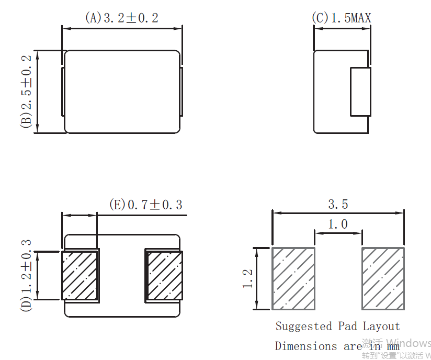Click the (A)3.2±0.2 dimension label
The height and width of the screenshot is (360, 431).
[121, 18]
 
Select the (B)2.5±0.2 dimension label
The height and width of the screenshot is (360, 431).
[26, 92]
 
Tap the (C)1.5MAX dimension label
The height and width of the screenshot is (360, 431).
[342, 18]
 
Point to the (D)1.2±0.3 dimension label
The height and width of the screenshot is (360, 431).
[26, 275]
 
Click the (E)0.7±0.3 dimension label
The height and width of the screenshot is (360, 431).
[146, 205]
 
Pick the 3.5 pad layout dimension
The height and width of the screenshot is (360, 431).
[338, 205]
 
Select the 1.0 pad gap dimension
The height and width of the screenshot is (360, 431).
[338, 224]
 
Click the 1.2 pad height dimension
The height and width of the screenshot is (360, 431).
[247, 278]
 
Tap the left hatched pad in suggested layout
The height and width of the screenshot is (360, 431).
[293, 278]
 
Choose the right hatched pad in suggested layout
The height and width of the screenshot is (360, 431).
[383, 278]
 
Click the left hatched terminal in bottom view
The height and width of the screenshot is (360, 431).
[80, 275]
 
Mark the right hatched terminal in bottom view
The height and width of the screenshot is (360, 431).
[165, 275]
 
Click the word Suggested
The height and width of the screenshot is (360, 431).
[304, 327]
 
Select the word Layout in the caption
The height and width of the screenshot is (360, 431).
[381, 326]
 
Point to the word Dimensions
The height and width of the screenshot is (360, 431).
[305, 346]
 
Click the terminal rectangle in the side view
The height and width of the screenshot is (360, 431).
[360, 92]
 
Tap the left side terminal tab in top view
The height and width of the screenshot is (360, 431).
[63, 92]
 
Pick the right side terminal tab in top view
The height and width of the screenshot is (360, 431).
[182, 92]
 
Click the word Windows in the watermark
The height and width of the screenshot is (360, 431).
[409, 343]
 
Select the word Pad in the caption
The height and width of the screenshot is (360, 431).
[347, 326]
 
